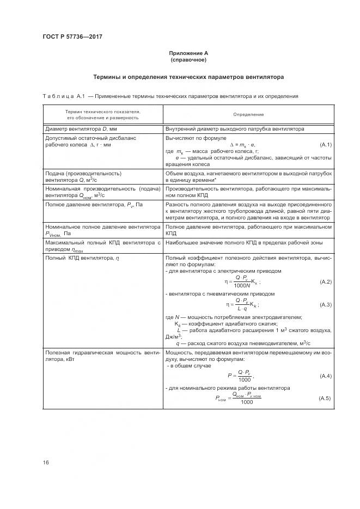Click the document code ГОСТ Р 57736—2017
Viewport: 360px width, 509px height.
point(72,36)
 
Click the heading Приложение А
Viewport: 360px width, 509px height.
point(188,53)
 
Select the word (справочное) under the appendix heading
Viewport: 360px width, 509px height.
point(188,60)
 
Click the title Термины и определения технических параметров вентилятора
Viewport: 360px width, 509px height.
point(188,77)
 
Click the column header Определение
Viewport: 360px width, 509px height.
point(248,114)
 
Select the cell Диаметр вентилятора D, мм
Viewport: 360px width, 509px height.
point(81,129)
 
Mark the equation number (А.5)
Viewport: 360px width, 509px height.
point(325,398)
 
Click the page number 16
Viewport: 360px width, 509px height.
point(46,463)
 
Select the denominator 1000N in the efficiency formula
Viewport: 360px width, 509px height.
point(242,285)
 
